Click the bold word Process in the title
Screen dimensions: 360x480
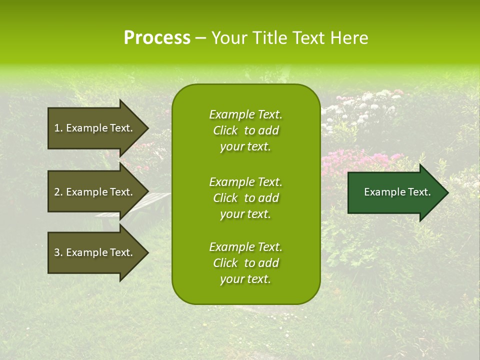coord(157,38)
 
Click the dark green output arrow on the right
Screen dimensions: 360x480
coord(395,192)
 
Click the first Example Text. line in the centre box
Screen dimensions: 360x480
coord(245,114)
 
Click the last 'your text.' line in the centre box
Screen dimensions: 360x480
coord(245,279)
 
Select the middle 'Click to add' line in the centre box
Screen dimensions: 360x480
coord(245,198)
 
